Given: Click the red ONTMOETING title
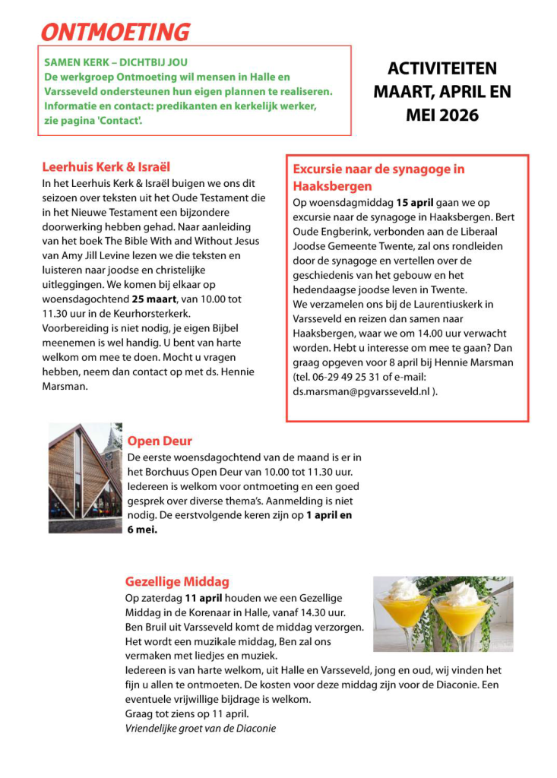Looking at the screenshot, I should (115, 32).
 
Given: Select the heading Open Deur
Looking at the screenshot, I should (160, 441).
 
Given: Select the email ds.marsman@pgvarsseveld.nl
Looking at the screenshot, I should (365, 391).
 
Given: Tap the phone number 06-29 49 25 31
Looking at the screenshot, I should (356, 377).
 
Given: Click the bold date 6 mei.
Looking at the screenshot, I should (141, 530).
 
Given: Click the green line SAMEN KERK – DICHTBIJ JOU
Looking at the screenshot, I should (116, 62).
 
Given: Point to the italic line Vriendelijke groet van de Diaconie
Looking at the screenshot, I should (201, 728).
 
